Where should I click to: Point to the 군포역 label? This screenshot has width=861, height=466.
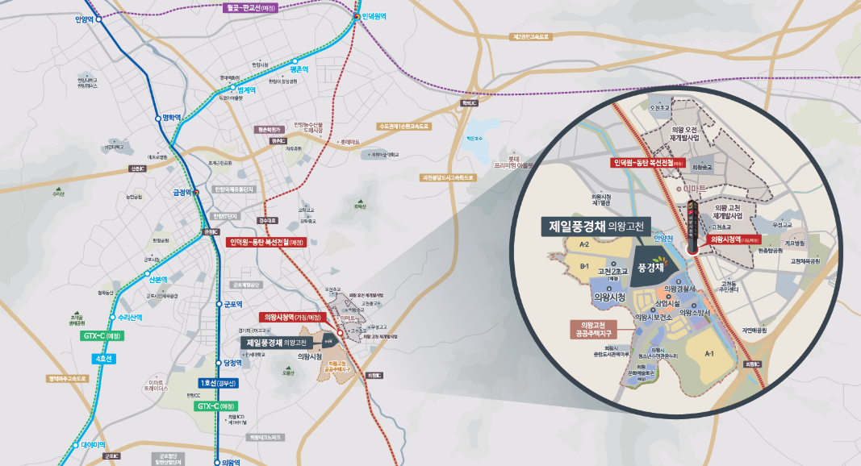coord(233,304)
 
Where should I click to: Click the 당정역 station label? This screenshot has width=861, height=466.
coord(232,364)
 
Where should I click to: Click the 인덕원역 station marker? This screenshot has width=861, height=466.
coord(357,15)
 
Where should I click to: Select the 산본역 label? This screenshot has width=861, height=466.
coord(157,280)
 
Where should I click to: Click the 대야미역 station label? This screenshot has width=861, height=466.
coord(94,444)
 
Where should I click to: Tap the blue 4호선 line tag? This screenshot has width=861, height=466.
coord(105,358)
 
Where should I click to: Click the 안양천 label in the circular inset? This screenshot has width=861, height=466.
coord(663,238)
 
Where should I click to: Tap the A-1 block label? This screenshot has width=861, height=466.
coord(709,353)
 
